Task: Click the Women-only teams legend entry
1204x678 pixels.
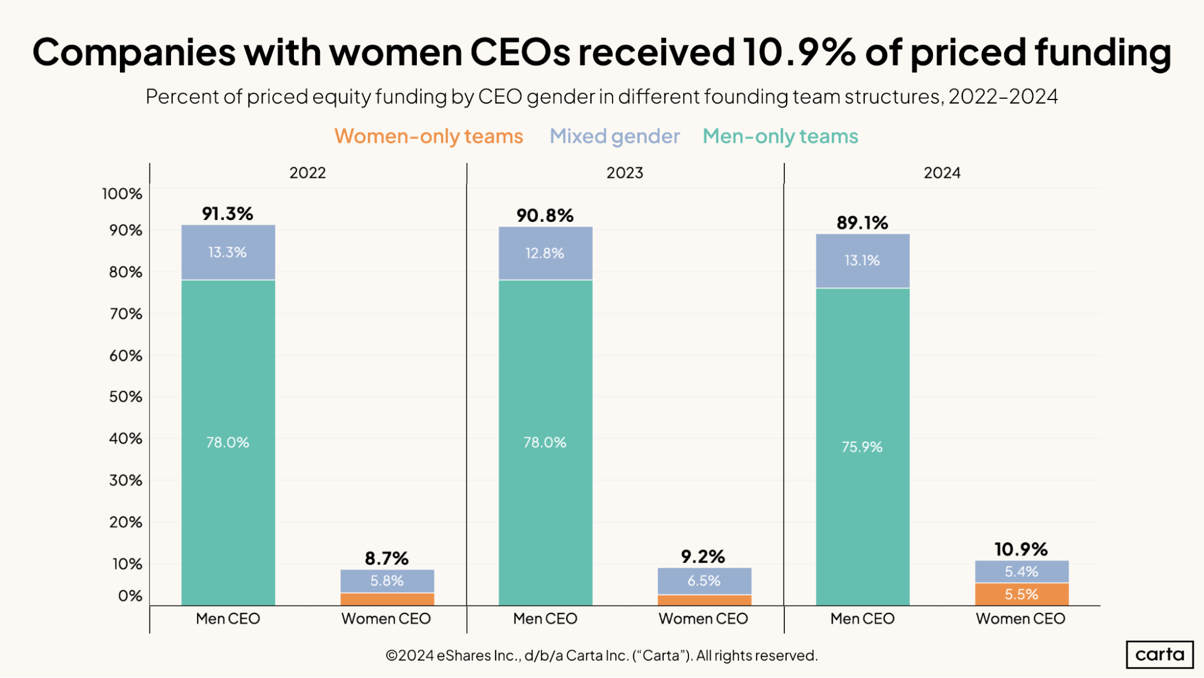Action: pos(428,136)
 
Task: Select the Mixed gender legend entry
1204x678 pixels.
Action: pos(614,136)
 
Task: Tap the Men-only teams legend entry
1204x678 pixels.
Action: pos(780,136)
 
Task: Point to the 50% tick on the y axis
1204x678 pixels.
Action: pos(125,397)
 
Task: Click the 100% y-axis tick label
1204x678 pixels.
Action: pos(122,193)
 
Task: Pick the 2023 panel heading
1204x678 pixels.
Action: pos(625,173)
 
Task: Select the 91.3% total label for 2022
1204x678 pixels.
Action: pos(227,213)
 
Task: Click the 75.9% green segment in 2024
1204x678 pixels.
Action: pos(862,447)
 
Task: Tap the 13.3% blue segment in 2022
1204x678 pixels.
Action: pos(228,252)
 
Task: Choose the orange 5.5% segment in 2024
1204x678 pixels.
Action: pos(1021,594)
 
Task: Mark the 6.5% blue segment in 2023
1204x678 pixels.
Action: pos(703,580)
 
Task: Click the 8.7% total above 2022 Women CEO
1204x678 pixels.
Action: pos(386,558)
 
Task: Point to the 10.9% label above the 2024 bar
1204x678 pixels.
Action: pos(1021,549)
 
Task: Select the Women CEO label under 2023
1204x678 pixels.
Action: pos(703,618)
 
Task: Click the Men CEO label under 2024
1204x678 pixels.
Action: pos(862,618)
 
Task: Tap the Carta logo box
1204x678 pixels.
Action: pos(1159,654)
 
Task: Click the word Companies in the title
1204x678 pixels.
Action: pos(134,52)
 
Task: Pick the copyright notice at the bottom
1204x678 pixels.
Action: pos(601,655)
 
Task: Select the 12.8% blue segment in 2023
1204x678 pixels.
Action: pos(544,253)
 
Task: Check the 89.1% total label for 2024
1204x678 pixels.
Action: pos(862,222)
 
